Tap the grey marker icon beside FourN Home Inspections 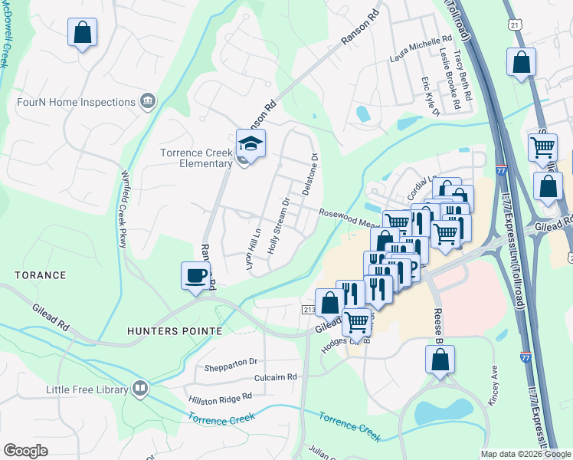[147, 100]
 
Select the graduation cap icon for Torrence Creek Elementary [250, 143]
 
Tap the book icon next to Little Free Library [139, 389]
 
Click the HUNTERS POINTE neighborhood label [176, 330]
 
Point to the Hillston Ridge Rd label [221, 397]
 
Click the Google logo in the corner [25, 450]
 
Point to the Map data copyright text [525, 454]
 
